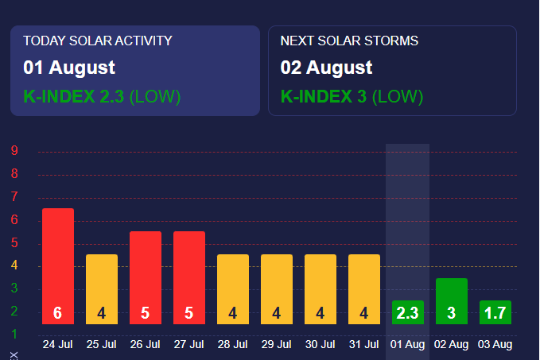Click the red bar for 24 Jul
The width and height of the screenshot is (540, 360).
click(58, 266)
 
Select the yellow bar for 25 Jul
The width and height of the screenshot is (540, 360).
click(102, 289)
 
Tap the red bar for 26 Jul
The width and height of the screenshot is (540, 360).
click(146, 277)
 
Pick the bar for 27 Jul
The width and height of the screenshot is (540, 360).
click(189, 277)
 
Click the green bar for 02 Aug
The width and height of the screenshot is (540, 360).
click(452, 301)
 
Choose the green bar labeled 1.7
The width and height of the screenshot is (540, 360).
click(495, 312)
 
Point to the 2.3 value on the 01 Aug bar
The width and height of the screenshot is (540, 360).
click(407, 313)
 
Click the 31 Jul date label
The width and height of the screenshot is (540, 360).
click(363, 344)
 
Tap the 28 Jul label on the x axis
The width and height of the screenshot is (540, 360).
click(232, 344)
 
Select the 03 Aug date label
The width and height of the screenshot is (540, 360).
click(495, 344)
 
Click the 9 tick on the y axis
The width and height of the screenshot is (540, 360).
click(15, 151)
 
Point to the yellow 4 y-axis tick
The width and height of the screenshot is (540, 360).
click(15, 266)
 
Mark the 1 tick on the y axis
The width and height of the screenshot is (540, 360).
click(15, 334)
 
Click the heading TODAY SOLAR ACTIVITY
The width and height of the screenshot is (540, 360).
click(98, 41)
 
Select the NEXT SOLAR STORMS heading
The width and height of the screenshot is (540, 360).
click(349, 41)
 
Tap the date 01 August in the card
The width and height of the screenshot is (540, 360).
click(69, 68)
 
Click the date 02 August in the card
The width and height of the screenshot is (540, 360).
click(326, 68)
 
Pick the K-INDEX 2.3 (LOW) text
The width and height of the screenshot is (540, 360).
click(102, 97)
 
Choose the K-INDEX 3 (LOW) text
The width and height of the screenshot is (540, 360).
click(352, 97)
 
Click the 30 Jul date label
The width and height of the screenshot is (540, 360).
click(320, 344)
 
